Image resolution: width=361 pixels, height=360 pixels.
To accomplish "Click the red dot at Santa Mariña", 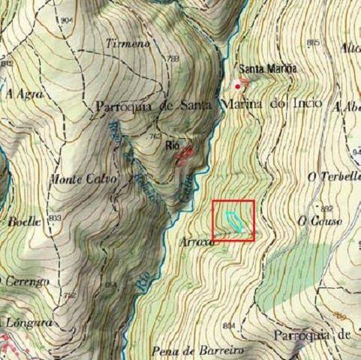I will (239, 85).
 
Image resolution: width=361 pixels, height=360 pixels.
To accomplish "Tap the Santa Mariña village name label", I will (267, 67).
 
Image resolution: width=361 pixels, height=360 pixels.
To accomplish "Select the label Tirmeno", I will (128, 43).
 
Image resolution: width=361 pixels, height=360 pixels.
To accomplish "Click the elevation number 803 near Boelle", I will (54, 217).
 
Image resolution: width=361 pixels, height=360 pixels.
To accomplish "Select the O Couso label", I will (320, 220).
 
